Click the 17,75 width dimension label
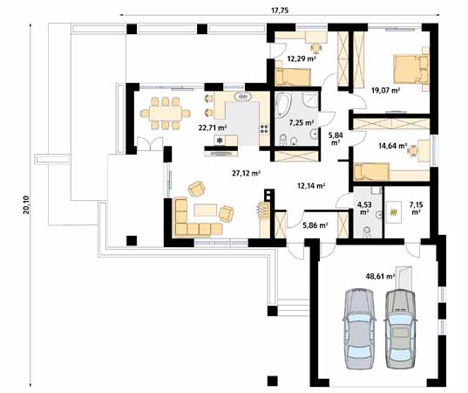[280, 10]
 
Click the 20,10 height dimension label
[26, 205]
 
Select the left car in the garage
[359, 328]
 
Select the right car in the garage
[400, 328]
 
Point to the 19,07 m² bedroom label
[385, 90]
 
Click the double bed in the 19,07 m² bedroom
[411, 69]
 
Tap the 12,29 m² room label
[302, 59]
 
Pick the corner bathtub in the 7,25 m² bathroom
[282, 105]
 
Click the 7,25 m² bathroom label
[302, 122]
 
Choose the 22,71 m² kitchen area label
[213, 128]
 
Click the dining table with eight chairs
[166, 114]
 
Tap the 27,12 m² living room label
[247, 173]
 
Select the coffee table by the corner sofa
[206, 210]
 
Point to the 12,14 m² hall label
[311, 186]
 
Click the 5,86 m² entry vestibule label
[315, 225]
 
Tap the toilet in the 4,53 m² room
[367, 231]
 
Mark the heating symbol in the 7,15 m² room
[394, 212]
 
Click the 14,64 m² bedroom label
[393, 146]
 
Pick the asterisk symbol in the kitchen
[220, 141]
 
